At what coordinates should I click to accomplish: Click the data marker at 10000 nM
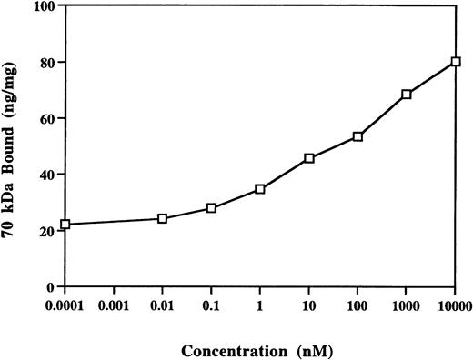tap(456, 62)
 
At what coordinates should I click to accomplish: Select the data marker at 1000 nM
tap(407, 95)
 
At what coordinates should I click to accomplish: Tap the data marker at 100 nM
tap(357, 136)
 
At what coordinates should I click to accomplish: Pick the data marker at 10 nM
tap(309, 158)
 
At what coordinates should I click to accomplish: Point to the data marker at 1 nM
tap(260, 189)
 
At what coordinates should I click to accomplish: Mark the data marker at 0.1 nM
tap(211, 208)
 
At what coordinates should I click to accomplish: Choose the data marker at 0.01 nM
tap(162, 218)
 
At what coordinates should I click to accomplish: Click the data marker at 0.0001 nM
tap(65, 224)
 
